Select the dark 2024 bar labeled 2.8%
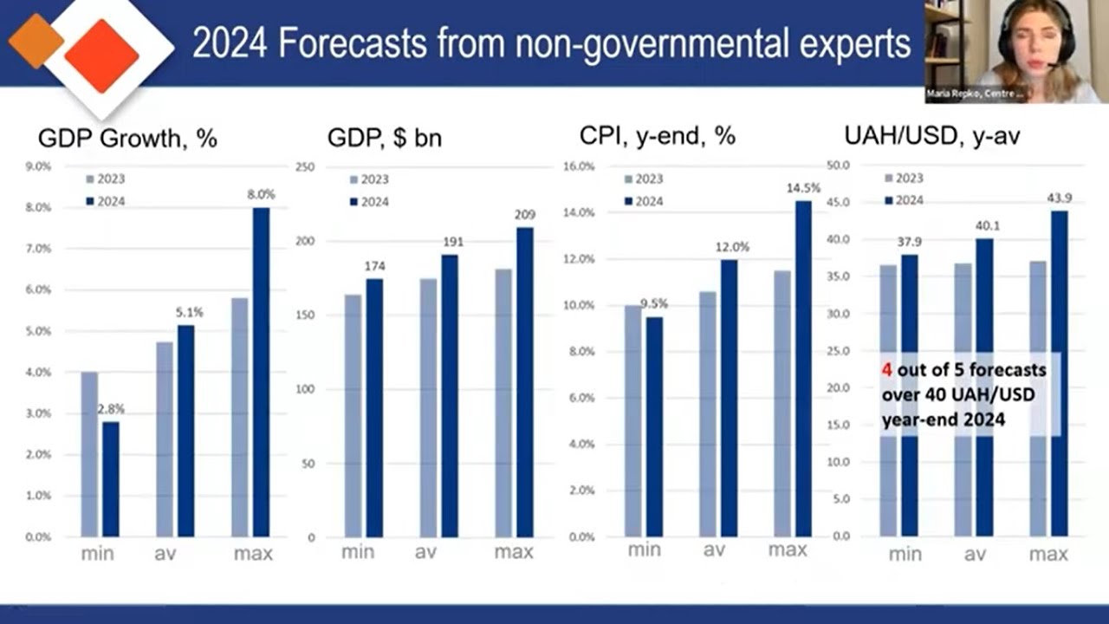pyautogui.click(x=111, y=478)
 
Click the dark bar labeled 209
pyautogui.click(x=525, y=381)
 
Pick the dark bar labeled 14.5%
pyautogui.click(x=803, y=368)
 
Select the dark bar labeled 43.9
pyautogui.click(x=1060, y=373)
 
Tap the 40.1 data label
pyautogui.click(x=985, y=225)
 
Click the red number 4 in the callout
pyautogui.click(x=886, y=370)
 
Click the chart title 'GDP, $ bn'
pyautogui.click(x=384, y=138)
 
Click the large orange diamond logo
pyautogui.click(x=101, y=55)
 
